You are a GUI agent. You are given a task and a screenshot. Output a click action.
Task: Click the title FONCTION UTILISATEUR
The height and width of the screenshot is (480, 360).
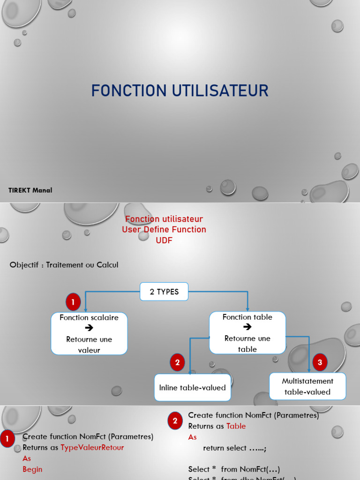(180, 90)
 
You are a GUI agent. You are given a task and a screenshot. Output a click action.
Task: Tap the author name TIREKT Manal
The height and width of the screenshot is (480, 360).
(30, 190)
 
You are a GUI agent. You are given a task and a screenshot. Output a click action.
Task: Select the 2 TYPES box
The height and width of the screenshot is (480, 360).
(164, 292)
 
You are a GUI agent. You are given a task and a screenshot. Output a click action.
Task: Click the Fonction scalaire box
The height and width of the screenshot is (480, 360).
(89, 333)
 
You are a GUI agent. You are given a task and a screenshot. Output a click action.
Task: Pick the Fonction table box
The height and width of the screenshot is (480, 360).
(247, 332)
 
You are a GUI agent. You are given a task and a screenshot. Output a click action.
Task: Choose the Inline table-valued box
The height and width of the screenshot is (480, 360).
(192, 388)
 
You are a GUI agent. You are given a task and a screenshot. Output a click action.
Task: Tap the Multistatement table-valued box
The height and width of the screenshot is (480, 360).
(307, 386)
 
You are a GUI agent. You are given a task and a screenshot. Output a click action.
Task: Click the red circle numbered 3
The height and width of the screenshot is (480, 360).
(320, 362)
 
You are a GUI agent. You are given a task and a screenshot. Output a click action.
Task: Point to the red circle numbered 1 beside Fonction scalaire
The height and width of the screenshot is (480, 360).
(73, 302)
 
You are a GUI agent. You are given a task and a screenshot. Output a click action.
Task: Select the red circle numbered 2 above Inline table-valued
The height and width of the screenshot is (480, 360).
(177, 362)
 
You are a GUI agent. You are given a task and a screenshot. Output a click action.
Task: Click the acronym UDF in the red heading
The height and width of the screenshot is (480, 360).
(164, 240)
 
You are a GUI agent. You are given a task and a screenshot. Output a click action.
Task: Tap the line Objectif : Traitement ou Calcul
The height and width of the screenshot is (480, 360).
(64, 265)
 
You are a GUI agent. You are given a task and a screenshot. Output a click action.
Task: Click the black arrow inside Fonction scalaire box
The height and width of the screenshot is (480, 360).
(89, 328)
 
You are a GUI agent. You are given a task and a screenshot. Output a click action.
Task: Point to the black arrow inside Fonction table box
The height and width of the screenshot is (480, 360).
(247, 327)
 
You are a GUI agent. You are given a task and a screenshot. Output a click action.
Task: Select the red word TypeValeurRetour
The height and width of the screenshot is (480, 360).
(92, 448)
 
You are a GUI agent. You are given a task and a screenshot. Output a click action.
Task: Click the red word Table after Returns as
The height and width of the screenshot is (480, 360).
(236, 426)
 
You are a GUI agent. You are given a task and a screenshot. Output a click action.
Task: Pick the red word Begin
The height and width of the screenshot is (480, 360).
(32, 469)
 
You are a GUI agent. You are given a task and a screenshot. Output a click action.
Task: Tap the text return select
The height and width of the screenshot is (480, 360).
(225, 448)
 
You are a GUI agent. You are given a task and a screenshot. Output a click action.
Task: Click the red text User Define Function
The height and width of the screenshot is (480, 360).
(164, 229)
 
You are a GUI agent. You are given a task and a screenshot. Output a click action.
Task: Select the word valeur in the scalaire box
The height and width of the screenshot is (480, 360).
(89, 350)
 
